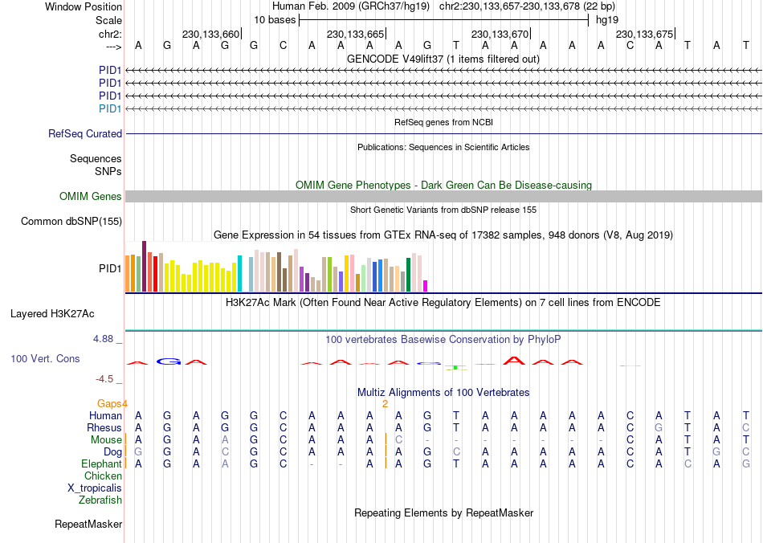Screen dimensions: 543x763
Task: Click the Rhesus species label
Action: (104, 428)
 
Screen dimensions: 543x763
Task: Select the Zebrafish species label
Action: (100, 500)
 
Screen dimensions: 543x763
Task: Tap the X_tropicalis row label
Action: (95, 488)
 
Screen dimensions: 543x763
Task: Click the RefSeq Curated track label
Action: (85, 134)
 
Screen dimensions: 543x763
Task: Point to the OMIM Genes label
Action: (91, 197)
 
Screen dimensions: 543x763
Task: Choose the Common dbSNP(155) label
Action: (71, 222)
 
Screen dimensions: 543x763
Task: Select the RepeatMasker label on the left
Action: (88, 525)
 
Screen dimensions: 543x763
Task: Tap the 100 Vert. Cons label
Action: (45, 358)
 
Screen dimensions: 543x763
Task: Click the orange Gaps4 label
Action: (112, 403)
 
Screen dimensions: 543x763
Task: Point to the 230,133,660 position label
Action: (210, 35)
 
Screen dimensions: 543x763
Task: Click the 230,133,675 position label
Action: (644, 35)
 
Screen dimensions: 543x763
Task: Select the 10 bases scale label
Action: (275, 19)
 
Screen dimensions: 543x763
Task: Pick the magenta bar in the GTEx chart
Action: (426, 286)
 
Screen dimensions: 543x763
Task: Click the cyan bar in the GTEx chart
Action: (239, 273)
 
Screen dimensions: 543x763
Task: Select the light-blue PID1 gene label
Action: (110, 108)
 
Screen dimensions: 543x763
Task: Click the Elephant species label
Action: (101, 464)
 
